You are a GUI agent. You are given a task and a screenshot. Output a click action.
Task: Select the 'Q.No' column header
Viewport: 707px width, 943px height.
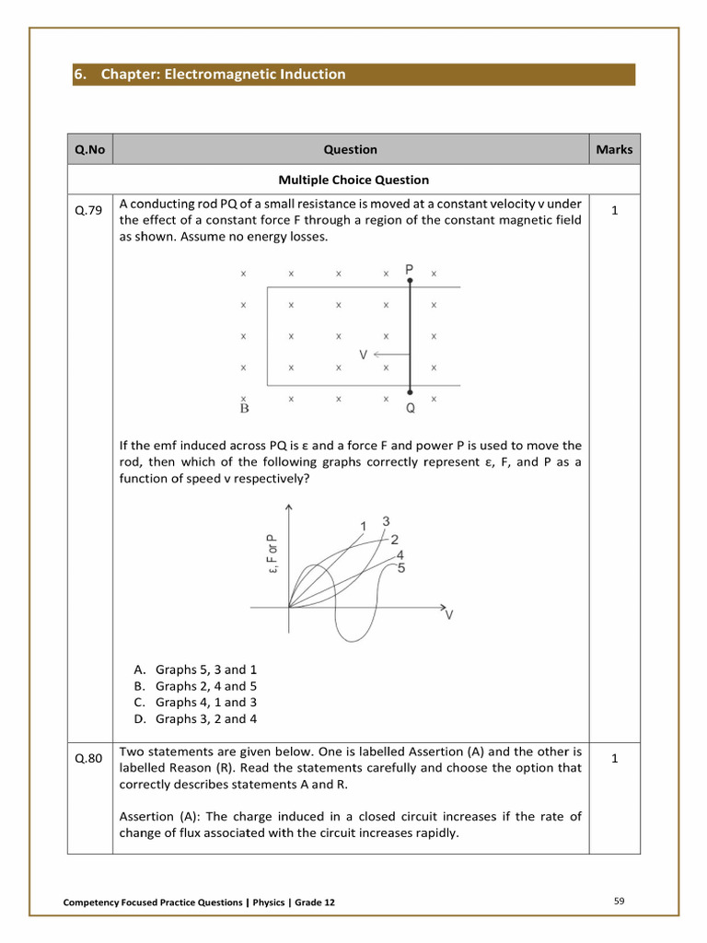click(x=90, y=149)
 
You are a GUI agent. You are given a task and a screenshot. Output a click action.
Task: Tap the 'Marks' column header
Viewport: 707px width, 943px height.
click(x=614, y=149)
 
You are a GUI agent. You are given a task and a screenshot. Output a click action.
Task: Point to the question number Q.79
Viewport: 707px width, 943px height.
click(x=89, y=211)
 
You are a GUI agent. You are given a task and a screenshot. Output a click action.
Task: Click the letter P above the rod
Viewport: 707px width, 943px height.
click(x=410, y=269)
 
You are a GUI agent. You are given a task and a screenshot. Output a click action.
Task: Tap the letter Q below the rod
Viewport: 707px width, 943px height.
click(x=411, y=408)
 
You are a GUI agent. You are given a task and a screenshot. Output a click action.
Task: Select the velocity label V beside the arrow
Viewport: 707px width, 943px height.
click(x=364, y=354)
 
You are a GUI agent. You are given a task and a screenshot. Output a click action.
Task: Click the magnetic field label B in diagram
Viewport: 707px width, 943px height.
click(x=244, y=408)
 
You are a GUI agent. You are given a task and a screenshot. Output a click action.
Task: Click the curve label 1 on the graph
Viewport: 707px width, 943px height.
click(x=364, y=526)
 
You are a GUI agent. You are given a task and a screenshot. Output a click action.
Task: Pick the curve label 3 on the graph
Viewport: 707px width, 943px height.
click(x=386, y=520)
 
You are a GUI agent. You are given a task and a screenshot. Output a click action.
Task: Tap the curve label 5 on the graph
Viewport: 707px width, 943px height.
click(x=400, y=568)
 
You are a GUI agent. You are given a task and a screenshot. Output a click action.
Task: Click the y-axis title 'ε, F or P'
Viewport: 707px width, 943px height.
click(x=272, y=554)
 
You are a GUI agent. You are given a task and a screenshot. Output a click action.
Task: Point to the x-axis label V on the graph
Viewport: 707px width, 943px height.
click(x=449, y=615)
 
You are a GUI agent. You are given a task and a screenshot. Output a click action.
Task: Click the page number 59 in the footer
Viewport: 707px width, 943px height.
click(x=619, y=901)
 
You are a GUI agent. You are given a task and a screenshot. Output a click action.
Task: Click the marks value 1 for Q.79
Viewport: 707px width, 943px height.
click(x=614, y=211)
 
